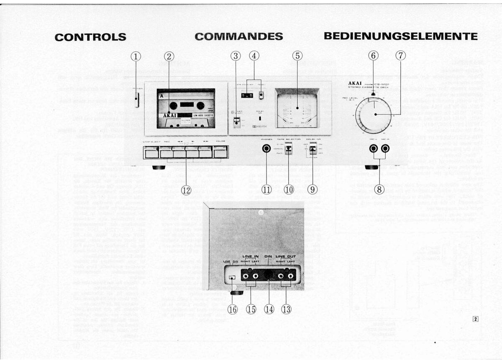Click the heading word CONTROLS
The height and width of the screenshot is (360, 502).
click(x=90, y=37)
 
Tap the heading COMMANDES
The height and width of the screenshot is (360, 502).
click(x=239, y=36)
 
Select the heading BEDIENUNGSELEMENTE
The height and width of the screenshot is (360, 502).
click(x=400, y=36)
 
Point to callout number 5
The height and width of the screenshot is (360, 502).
click(x=297, y=56)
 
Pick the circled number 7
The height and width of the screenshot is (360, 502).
click(x=400, y=56)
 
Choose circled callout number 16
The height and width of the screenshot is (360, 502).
click(x=233, y=309)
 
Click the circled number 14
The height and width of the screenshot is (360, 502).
click(x=269, y=309)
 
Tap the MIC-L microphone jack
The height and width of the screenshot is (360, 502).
click(x=373, y=148)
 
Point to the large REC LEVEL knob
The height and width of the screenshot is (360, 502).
click(x=374, y=114)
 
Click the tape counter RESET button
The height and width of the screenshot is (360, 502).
click(x=261, y=95)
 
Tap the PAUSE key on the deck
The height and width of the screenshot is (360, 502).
click(x=220, y=152)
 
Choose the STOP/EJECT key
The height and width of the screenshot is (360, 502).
click(x=151, y=152)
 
